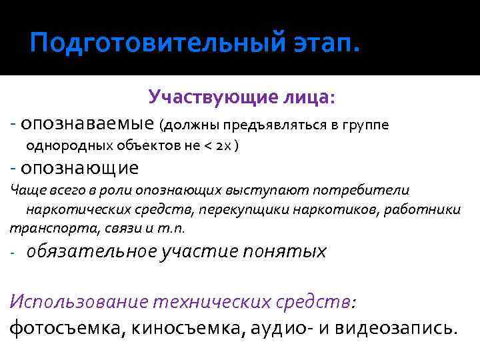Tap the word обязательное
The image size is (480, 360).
click(x=91, y=251)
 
